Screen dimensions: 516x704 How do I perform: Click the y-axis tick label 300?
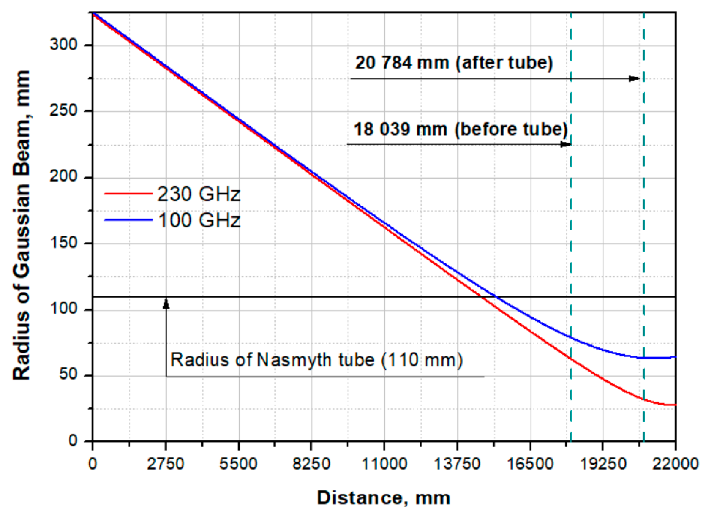point(63,44)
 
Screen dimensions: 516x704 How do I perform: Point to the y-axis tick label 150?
point(63,243)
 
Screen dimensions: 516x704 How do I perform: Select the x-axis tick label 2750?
point(166,464)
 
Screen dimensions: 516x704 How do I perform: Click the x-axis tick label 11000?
point(384,464)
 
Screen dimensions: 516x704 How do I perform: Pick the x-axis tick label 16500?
point(530,464)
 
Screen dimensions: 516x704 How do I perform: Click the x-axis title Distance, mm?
point(384,497)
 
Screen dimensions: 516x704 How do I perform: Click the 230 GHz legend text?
point(199,194)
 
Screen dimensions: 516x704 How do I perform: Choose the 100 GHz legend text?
point(199,220)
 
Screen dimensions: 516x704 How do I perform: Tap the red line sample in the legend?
point(128,193)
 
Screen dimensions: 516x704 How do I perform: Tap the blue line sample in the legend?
point(128,220)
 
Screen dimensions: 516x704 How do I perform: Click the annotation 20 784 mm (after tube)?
point(454,62)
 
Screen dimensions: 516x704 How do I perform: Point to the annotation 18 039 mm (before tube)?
point(460,129)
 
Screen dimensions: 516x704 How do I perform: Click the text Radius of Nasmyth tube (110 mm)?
point(317,360)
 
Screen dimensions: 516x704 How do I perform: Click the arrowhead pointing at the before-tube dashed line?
point(566,144)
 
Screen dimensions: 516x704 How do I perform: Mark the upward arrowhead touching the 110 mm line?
point(166,304)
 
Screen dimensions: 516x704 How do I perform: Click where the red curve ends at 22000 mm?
point(675,405)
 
